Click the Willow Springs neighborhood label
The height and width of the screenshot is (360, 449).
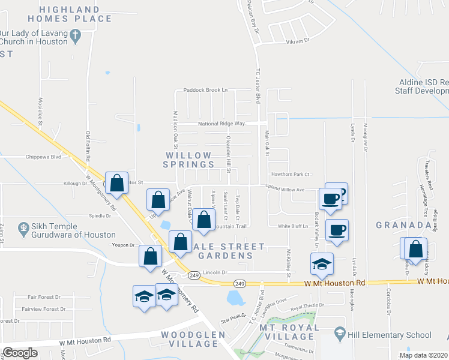[x=188, y=160]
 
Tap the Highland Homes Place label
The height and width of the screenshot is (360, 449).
[x=76, y=14]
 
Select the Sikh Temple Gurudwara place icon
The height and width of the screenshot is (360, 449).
[x=23, y=228]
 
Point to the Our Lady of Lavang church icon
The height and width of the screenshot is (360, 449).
[x=76, y=36]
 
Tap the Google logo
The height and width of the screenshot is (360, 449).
[x=20, y=353]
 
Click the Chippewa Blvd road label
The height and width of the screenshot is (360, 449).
[x=43, y=157]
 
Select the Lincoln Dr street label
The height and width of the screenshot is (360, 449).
[x=217, y=272]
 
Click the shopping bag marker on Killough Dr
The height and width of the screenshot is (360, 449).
[x=118, y=182]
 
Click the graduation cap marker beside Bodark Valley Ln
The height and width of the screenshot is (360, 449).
[x=322, y=263]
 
